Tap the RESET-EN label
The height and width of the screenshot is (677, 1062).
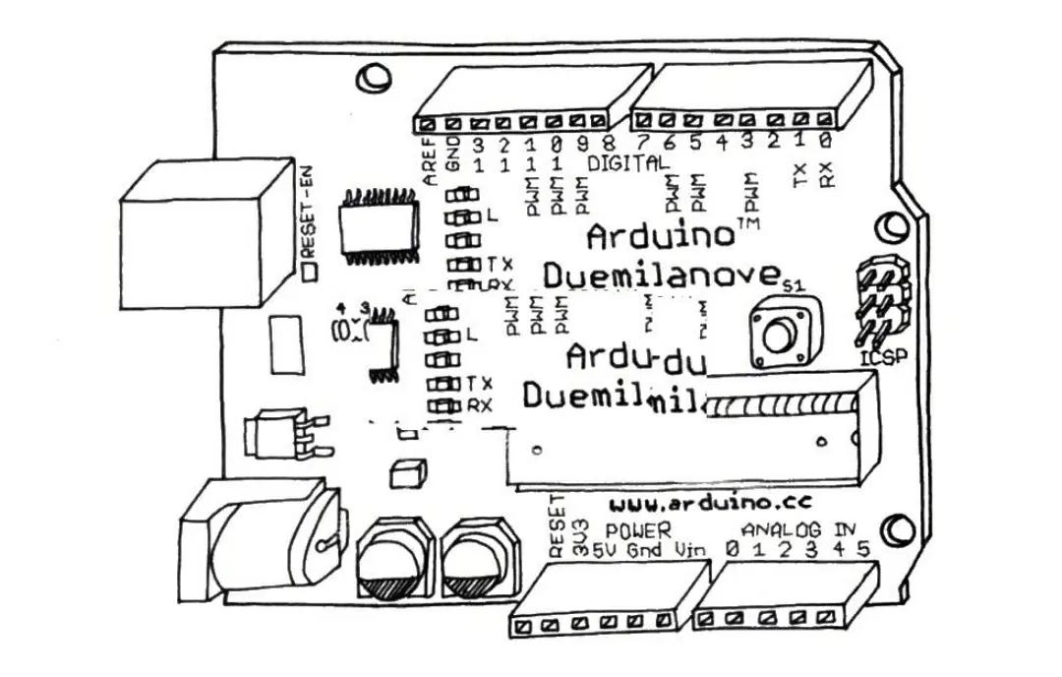pyautogui.click(x=305, y=218)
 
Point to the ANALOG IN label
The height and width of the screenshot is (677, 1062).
pyautogui.click(x=798, y=528)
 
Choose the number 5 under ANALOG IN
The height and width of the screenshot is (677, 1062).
pyautogui.click(x=863, y=548)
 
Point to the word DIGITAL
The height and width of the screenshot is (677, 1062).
pyautogui.click(x=629, y=160)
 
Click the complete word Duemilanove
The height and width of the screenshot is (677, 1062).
pyautogui.click(x=661, y=275)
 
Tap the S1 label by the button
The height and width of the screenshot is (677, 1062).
pyautogui.click(x=794, y=285)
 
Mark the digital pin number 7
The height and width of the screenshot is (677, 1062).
pyautogui.click(x=642, y=143)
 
